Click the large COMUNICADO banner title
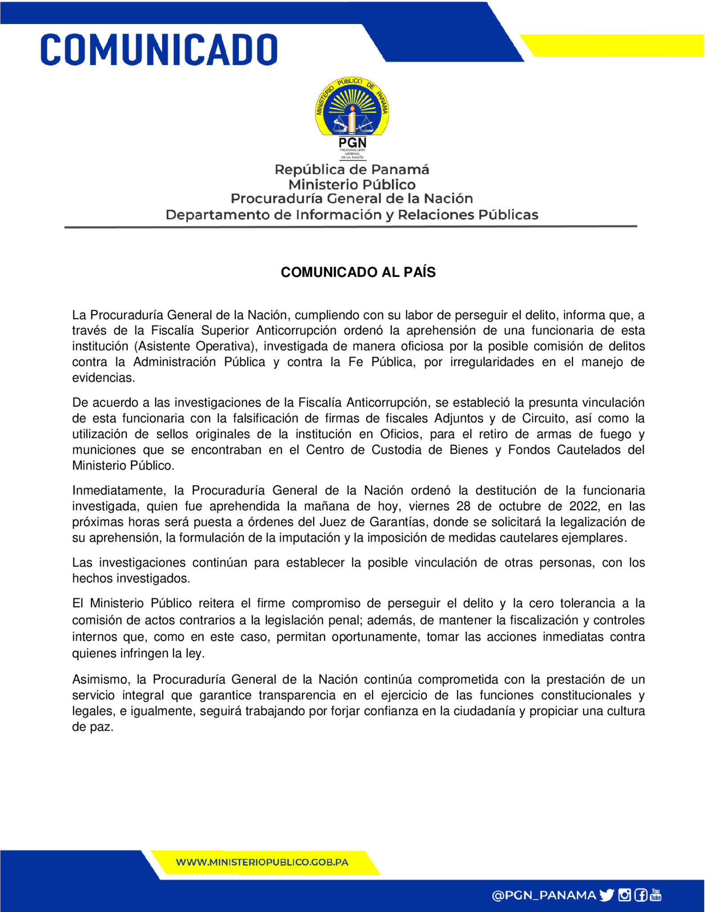point(159,49)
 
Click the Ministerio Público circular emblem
point(352,107)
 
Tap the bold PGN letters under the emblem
point(352,143)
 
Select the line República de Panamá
point(352,170)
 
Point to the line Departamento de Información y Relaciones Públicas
point(352,215)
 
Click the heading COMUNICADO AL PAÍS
point(358,272)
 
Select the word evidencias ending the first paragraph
point(103,378)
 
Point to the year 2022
point(583,506)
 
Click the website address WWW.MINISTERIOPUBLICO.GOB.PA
point(262,862)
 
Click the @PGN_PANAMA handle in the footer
point(543,895)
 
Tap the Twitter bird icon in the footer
point(607,895)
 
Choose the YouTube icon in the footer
point(656,895)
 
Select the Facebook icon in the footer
point(640,895)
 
